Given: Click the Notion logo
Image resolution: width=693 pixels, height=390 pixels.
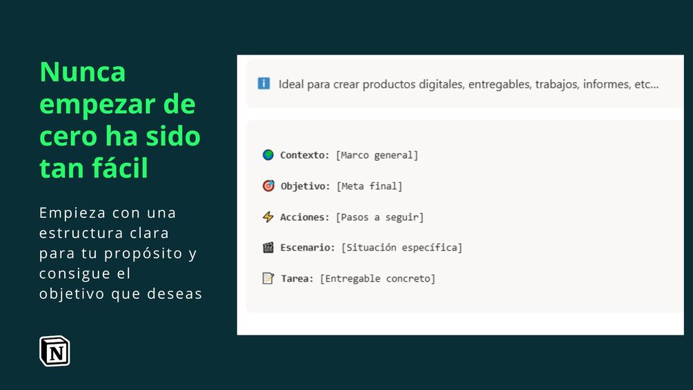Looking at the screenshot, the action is [x=54, y=351].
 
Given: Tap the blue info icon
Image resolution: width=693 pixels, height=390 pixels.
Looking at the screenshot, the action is [x=264, y=83].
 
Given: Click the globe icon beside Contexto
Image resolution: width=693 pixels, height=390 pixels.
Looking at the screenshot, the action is [x=268, y=155].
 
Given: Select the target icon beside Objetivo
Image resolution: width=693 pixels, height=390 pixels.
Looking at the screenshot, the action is [x=268, y=186].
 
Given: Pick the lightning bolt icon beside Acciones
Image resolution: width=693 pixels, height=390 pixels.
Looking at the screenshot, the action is [x=268, y=217].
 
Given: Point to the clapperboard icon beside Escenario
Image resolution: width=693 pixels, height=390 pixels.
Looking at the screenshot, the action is [x=268, y=247].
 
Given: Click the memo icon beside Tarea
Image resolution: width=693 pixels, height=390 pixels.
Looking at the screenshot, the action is [x=268, y=278].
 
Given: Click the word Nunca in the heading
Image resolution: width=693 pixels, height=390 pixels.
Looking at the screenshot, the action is [x=83, y=72].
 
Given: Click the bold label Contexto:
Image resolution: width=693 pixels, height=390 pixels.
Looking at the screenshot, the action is [x=305, y=155].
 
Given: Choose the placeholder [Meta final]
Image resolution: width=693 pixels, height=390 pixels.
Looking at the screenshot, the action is [x=370, y=186].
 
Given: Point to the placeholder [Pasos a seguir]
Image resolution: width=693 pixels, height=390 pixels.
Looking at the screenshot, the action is [x=380, y=217].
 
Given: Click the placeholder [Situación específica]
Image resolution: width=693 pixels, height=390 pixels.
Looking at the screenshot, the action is [x=402, y=248].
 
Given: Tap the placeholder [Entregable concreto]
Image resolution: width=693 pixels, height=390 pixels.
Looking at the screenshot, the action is [x=377, y=279].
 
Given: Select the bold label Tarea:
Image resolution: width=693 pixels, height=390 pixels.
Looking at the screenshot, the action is [x=297, y=279].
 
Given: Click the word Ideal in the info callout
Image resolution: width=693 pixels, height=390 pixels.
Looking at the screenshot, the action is [x=291, y=84].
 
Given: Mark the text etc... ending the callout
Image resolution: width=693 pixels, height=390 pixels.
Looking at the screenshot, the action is [x=647, y=84].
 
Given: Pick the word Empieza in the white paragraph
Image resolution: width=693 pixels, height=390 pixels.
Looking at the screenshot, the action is [x=72, y=213].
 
